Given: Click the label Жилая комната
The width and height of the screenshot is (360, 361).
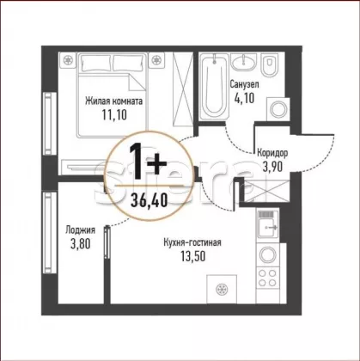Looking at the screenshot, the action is [x=114, y=101].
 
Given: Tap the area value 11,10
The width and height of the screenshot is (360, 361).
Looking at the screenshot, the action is [x=114, y=115].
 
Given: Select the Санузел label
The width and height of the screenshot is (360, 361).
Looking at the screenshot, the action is [x=245, y=84].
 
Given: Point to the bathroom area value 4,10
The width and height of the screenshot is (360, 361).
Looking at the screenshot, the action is [x=244, y=98].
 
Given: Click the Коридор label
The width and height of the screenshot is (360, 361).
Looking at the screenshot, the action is [x=272, y=153].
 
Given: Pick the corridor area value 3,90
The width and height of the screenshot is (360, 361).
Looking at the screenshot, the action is [x=273, y=167].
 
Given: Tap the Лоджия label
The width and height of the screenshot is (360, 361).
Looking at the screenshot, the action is [x=80, y=230].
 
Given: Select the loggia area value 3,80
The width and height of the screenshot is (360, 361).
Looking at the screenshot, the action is [x=80, y=244].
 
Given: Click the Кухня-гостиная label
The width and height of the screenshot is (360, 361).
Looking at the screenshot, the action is [x=192, y=242].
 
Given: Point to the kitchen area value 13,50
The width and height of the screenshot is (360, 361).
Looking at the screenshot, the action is [x=192, y=256].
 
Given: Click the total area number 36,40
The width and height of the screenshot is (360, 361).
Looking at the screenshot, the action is [x=149, y=200].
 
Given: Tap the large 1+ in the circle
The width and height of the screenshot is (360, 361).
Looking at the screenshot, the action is [x=148, y=162].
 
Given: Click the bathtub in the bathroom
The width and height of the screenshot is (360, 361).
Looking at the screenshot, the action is [x=214, y=87].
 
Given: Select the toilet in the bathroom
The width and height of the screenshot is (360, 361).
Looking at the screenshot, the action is [x=270, y=66].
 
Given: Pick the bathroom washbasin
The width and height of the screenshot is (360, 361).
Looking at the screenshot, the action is [x=244, y=62].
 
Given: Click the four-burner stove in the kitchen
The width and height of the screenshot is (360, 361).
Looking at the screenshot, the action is [x=268, y=278].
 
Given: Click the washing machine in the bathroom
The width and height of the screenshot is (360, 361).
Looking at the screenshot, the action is [x=278, y=109].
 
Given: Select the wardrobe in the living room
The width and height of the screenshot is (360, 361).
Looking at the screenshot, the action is [x=183, y=89].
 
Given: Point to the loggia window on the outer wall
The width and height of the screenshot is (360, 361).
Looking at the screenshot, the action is [x=50, y=233].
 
